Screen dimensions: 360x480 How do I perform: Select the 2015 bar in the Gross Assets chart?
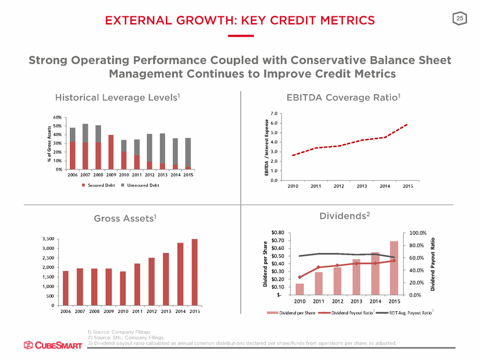coord(194,272)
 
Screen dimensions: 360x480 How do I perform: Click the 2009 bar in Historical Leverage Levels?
coord(111,152)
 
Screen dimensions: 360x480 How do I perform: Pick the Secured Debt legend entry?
coord(100,185)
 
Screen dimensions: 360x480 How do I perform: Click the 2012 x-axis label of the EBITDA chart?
coord(338,185)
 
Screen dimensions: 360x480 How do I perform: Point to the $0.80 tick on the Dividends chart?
coord(278,232)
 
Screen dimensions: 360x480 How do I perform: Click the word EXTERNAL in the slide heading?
coord(137,20)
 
